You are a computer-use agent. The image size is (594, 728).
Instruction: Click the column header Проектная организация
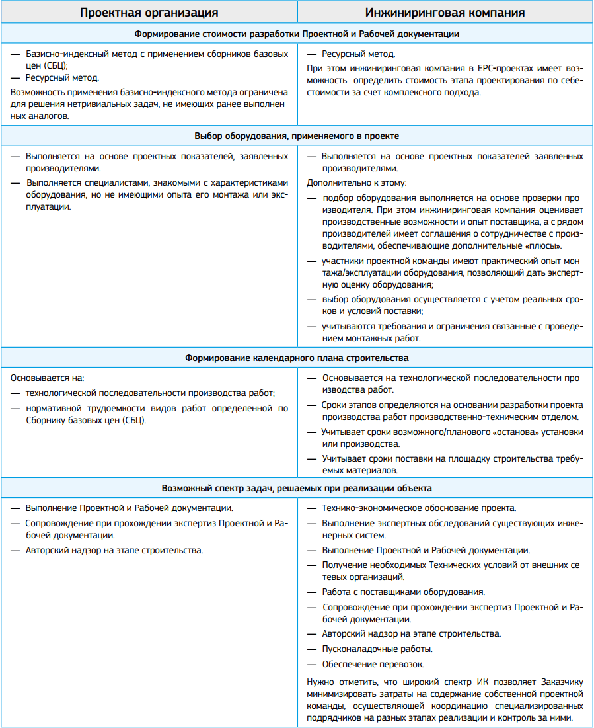pos(149,12)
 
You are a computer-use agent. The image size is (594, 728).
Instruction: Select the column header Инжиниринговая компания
pos(445,12)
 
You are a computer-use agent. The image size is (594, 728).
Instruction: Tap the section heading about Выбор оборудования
pos(297,135)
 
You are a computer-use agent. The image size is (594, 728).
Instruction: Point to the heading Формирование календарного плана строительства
pos(297,358)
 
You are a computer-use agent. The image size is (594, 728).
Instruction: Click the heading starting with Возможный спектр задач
pos(297,488)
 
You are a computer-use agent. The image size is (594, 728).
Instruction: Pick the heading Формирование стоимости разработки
pos(297,33)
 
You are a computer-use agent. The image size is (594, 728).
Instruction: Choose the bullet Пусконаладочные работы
pos(377,649)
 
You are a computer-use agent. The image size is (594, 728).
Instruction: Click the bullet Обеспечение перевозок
pos(373,664)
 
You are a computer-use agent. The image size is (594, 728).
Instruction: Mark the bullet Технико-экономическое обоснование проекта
pos(419,508)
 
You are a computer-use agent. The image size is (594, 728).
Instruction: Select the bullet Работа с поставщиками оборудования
pos(403,592)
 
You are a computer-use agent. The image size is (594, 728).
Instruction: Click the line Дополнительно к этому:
pos(357,182)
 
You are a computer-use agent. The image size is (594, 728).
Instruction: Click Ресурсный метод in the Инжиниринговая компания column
pos(359,54)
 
